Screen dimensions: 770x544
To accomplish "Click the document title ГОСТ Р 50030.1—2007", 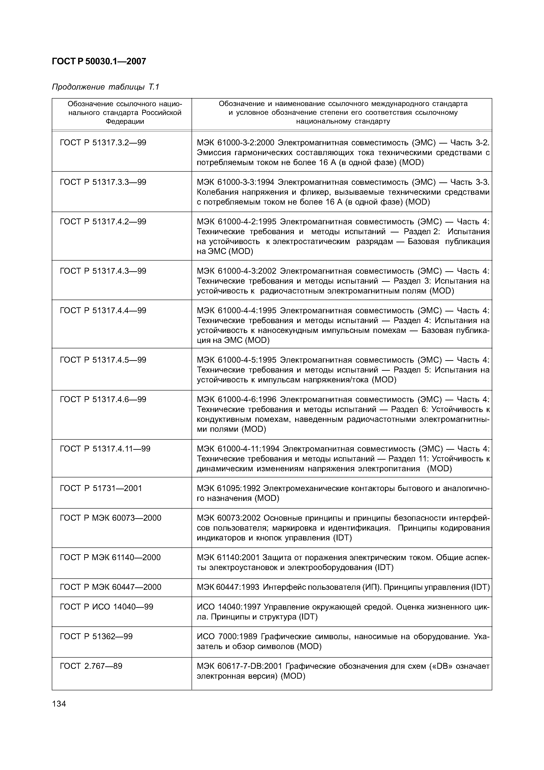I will coord(99,61).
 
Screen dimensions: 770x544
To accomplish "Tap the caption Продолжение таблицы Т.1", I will coord(105,87).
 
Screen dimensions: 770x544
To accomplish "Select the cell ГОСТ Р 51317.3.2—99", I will coord(103,143).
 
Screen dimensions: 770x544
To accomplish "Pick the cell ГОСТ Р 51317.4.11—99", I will coord(105,449).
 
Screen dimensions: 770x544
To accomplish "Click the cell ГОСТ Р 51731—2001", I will coord(101,488).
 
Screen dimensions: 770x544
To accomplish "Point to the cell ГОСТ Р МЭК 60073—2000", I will coord(110,518).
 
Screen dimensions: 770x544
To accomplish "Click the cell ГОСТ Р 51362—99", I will coord(96,637).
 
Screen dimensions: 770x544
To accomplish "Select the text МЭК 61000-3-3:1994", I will coord(236,182).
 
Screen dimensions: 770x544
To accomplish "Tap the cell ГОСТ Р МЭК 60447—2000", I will coord(110,587).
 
